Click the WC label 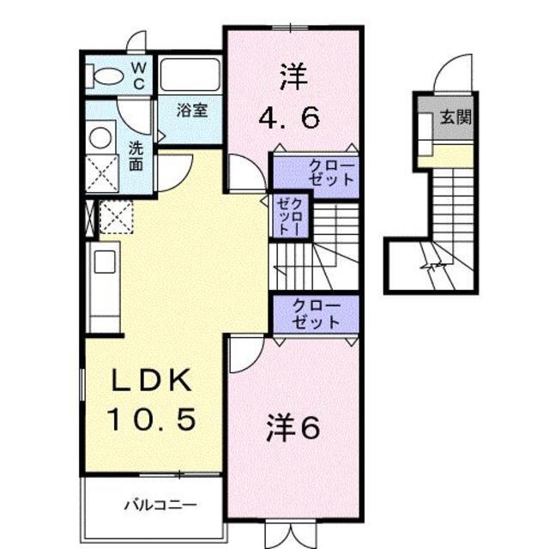tap(139, 75)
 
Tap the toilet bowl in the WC tap(105, 75)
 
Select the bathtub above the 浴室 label tap(190, 75)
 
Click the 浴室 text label tap(192, 111)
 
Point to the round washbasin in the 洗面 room tap(100, 137)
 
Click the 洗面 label tap(136, 156)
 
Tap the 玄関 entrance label tap(455, 117)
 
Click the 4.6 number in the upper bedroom tap(289, 118)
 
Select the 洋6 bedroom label tap(293, 428)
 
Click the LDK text tap(152, 380)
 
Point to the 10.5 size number tap(151, 419)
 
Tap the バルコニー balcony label tap(161, 505)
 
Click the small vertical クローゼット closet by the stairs tap(290, 216)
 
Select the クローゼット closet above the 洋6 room tap(316, 314)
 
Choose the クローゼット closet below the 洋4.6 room tap(316, 174)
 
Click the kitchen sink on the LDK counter tap(105, 262)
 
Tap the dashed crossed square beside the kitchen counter tap(117, 217)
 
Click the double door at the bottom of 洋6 tap(291, 534)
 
